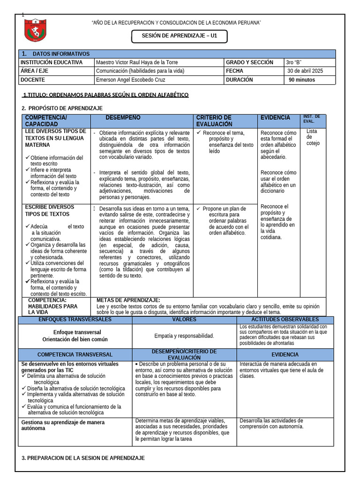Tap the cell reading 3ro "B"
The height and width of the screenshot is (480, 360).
(x=293, y=62)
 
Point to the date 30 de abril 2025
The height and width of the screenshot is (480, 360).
(x=305, y=71)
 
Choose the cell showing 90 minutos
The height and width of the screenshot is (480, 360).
(x=302, y=80)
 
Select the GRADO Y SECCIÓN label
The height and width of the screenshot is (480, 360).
(x=249, y=62)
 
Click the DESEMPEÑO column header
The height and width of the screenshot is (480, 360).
(x=123, y=118)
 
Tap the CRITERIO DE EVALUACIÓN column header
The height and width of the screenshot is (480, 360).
(x=214, y=121)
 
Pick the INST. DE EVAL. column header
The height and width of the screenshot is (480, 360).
(x=312, y=119)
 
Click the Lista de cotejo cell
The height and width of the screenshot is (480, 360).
(x=313, y=137)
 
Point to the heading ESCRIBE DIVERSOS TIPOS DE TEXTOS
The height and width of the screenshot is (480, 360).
(x=49, y=210)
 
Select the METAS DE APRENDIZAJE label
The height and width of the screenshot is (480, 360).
(x=128, y=300)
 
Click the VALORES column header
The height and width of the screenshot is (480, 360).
(x=184, y=319)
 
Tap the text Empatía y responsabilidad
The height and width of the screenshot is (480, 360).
(x=184, y=336)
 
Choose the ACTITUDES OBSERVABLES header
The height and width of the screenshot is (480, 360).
(x=285, y=319)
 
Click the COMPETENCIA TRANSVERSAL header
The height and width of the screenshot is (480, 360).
(x=75, y=354)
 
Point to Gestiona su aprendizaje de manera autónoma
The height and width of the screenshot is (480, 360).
(x=63, y=425)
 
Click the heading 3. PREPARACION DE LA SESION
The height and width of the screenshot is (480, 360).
(x=83, y=457)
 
